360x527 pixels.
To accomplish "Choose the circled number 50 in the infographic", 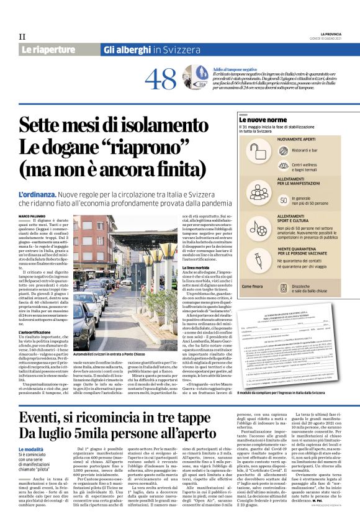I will [284, 200].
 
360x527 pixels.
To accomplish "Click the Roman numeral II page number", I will [22, 37].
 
